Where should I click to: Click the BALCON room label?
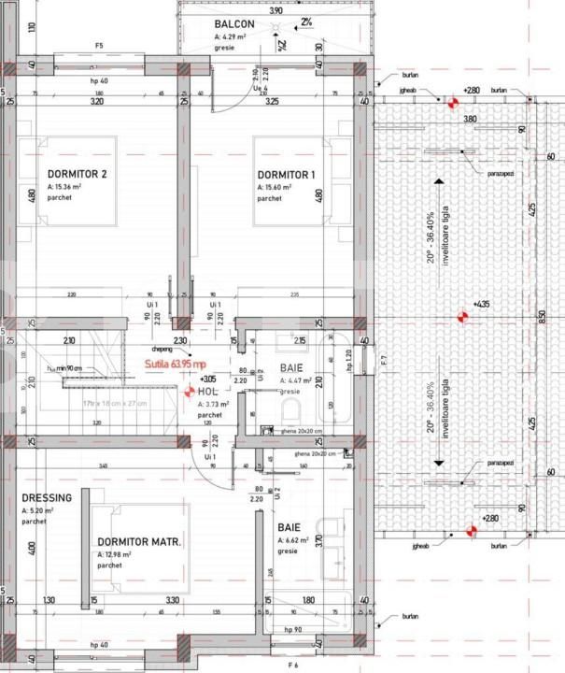tap(231, 24)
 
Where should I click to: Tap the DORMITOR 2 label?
tap(77, 174)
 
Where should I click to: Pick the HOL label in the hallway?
tap(206, 392)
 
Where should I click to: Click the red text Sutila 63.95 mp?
tap(176, 364)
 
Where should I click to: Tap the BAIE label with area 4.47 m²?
tap(291, 368)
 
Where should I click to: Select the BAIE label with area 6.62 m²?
tap(289, 526)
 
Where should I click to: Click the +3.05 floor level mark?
tap(206, 379)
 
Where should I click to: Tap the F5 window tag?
tap(99, 45)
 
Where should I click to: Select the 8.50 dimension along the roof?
tap(542, 316)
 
